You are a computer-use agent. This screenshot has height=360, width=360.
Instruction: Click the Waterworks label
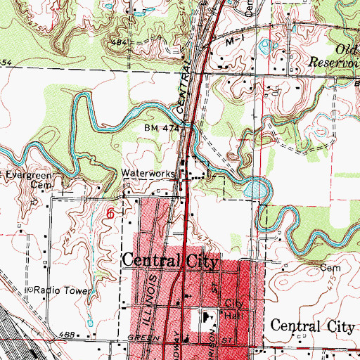146,171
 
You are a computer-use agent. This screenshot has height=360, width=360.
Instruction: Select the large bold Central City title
171,260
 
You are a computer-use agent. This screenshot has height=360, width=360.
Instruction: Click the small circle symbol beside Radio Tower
30,290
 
